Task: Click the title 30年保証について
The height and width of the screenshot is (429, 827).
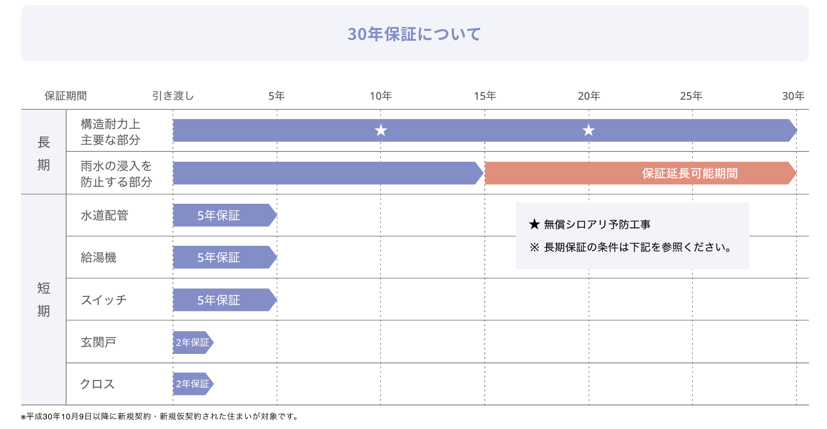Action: click(414, 34)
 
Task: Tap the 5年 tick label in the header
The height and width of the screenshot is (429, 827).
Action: click(277, 96)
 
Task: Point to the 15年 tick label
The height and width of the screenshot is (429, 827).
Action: click(485, 96)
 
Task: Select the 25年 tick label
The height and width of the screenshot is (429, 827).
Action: click(691, 96)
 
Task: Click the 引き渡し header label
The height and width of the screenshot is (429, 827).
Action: click(173, 96)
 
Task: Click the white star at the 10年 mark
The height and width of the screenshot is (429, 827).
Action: click(381, 130)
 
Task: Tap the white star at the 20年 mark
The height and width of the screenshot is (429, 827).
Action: click(588, 130)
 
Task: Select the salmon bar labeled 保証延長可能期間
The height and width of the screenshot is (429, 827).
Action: click(640, 173)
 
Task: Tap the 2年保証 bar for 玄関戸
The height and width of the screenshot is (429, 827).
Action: click(192, 342)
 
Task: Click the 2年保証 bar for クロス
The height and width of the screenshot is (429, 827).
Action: click(192, 384)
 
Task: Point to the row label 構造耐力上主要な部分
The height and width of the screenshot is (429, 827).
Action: click(110, 132)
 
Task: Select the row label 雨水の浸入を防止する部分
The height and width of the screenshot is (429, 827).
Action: click(116, 174)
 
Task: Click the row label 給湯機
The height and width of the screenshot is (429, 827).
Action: click(98, 257)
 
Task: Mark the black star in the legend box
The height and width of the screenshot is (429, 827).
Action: click(534, 224)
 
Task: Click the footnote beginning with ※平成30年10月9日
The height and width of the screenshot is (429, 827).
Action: click(160, 417)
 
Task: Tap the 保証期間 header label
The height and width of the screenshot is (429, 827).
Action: click(66, 96)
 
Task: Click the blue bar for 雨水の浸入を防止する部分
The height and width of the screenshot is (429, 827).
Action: click(326, 173)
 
